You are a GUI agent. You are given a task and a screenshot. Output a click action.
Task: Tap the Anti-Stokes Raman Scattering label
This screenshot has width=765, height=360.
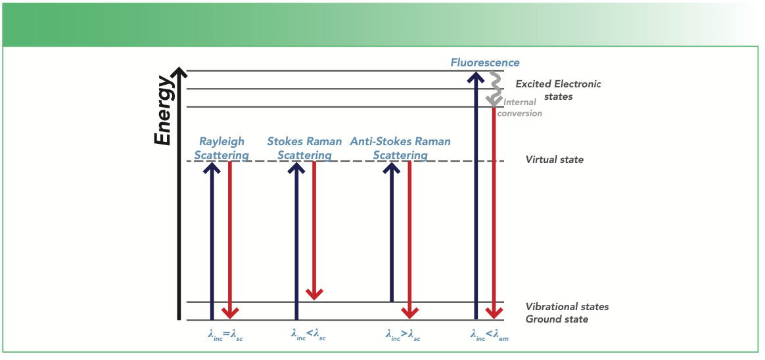400,148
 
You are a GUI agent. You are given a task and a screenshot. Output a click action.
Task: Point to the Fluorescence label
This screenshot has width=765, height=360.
485,63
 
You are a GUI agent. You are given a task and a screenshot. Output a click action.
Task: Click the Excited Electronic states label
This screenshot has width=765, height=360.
558,90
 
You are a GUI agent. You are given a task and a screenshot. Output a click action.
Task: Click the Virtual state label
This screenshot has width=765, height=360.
554,160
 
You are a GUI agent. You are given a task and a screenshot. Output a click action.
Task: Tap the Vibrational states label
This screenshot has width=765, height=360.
567,307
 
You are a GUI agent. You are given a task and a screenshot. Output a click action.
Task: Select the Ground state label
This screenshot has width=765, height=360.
557,319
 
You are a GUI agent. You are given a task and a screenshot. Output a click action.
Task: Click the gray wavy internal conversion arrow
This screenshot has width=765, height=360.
492,89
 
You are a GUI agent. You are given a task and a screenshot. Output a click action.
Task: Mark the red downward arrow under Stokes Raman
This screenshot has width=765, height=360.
314,230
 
